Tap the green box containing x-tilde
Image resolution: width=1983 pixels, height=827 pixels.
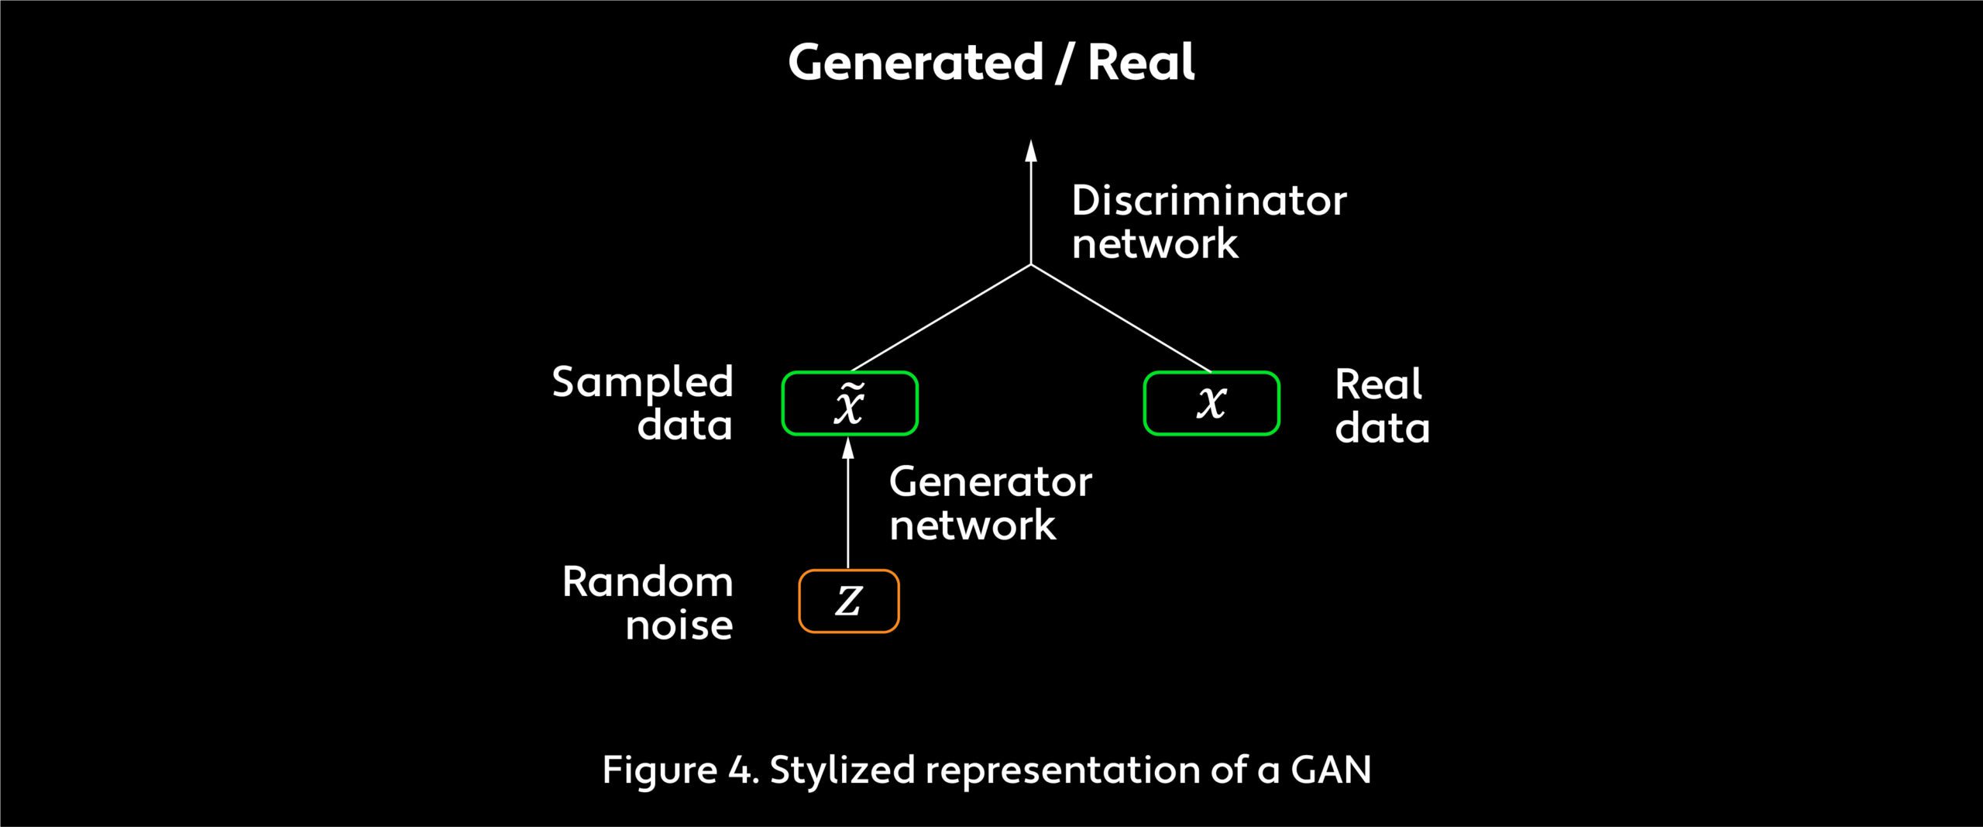coord(850,404)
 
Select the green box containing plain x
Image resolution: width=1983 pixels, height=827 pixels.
coord(1211,404)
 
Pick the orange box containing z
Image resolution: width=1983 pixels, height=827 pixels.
coord(849,601)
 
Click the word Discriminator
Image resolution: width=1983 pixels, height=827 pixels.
coord(1208,201)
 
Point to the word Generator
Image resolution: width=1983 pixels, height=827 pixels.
coord(990,482)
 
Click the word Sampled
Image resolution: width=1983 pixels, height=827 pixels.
coord(642,383)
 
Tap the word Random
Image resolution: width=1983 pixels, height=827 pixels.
coord(648,582)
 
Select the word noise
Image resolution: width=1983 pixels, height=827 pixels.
coord(679,625)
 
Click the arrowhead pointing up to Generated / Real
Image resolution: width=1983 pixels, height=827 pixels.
coord(1031,150)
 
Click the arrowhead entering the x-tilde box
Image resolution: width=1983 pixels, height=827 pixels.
coord(848,447)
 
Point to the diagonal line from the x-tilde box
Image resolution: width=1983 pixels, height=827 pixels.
coord(941,318)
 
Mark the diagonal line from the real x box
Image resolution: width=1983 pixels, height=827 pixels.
coord(1121,318)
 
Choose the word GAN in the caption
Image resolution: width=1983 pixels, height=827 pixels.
coord(1331,770)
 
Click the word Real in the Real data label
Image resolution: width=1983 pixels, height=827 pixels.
coord(1378,384)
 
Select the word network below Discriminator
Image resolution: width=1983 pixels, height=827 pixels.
coord(1154,244)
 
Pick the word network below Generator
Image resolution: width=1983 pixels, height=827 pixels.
coord(972,525)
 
